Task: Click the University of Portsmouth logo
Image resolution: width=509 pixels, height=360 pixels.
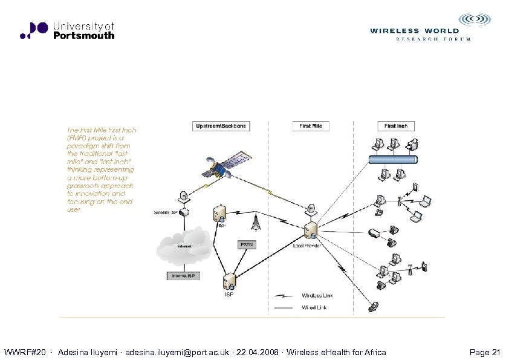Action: pos(66,30)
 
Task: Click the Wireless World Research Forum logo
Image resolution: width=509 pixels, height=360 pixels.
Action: pos(422,28)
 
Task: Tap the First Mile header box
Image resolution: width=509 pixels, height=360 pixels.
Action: pos(311,126)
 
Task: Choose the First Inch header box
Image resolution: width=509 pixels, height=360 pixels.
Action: pos(396,126)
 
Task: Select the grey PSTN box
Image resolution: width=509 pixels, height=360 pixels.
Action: pos(247,244)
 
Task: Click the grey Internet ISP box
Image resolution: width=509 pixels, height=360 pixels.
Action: pos(183,276)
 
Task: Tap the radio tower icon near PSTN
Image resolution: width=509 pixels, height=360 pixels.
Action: pos(256,223)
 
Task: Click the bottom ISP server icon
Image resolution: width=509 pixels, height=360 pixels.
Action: pos(229,282)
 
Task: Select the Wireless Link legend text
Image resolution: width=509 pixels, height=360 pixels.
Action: pos(317,295)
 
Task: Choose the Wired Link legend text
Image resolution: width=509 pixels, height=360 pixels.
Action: pos(316,307)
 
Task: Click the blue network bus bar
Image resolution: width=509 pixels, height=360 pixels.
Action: pos(393,160)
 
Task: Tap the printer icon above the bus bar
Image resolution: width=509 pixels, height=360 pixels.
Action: pos(412,145)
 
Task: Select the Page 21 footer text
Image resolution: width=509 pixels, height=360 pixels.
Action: pos(484,352)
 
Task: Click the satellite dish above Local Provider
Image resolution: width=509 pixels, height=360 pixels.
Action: pos(311,210)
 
